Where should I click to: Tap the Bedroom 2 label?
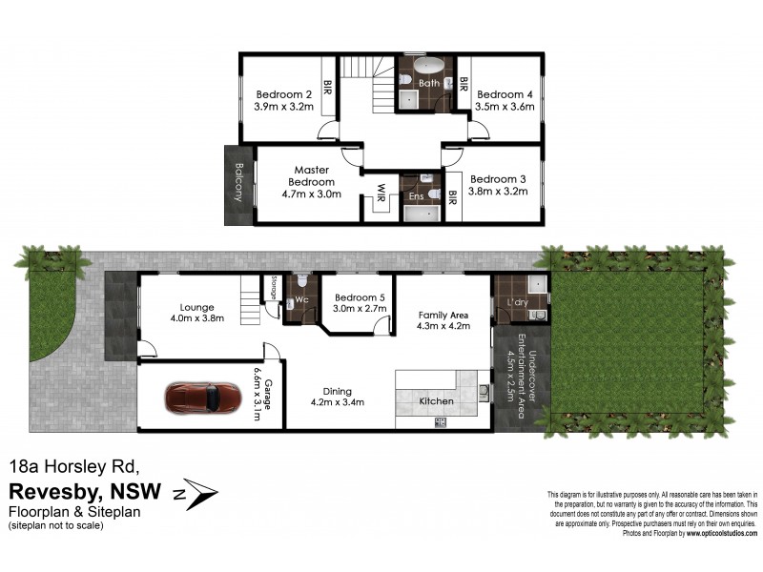(284, 94)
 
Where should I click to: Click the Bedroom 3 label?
(498, 179)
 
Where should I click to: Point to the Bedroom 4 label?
(505, 94)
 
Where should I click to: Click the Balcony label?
(238, 184)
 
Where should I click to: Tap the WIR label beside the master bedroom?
(380, 187)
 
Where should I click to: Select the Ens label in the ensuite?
(416, 196)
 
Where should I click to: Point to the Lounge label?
(196, 307)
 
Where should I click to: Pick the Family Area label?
(441, 314)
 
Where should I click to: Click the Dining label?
(338, 391)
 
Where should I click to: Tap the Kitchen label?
(436, 401)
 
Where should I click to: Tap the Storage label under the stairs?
(273, 289)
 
